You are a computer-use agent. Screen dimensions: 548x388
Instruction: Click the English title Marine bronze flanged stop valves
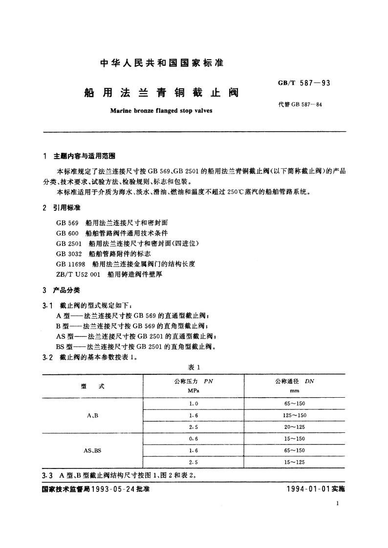tap(161, 110)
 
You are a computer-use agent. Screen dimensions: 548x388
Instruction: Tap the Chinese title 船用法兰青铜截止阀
tap(161, 92)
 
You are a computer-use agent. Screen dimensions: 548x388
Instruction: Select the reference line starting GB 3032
tap(104, 254)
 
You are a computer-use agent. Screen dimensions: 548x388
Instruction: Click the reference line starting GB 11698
tap(126, 264)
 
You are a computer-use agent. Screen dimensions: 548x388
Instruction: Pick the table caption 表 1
tap(194, 367)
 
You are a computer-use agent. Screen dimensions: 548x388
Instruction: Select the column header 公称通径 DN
tap(294, 382)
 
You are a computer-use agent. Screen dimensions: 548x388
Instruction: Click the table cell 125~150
tap(294, 415)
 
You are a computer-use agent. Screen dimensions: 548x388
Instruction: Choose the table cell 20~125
tap(294, 427)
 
